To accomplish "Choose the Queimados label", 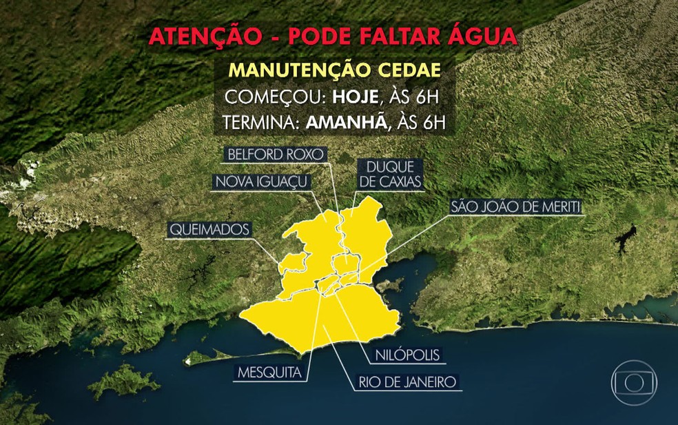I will tap(209, 230).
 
